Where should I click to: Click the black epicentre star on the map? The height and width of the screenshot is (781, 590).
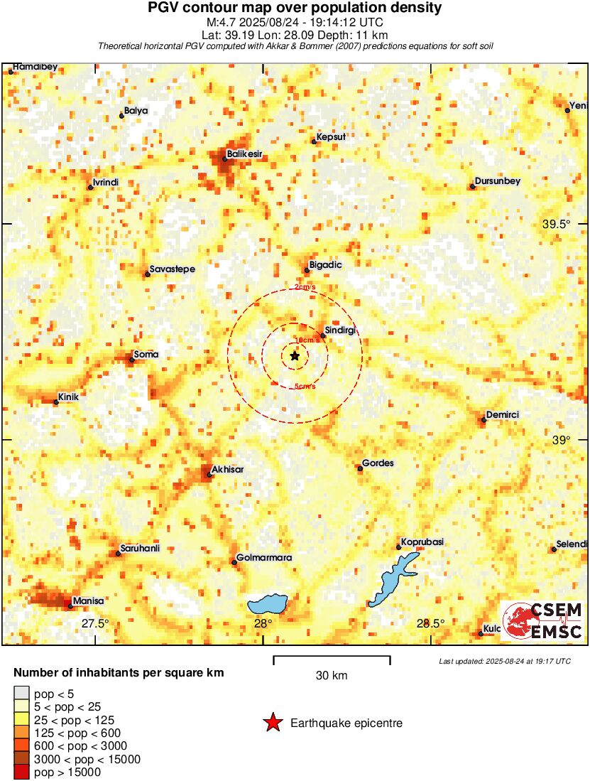(x=295, y=355)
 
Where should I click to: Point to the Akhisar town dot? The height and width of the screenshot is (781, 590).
(x=209, y=475)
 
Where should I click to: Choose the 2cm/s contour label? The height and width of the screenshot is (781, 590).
(x=305, y=287)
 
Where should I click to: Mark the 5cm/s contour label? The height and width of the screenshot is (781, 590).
(x=305, y=387)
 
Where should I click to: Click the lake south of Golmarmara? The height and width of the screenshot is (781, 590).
(x=268, y=605)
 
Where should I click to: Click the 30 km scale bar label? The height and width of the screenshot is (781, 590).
(x=332, y=676)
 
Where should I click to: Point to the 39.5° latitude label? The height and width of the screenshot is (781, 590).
(x=557, y=224)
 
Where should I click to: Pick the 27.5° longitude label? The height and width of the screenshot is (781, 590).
(x=94, y=623)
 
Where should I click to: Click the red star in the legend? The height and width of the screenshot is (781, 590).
(x=273, y=723)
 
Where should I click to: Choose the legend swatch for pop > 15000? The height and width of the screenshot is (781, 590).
(x=22, y=772)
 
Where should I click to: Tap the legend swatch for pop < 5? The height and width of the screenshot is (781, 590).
(x=22, y=694)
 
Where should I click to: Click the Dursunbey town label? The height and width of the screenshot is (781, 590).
(x=498, y=181)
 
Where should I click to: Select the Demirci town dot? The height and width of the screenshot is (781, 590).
(x=484, y=419)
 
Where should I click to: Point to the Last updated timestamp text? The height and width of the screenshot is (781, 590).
(x=505, y=661)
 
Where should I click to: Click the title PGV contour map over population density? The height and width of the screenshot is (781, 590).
(x=295, y=8)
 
